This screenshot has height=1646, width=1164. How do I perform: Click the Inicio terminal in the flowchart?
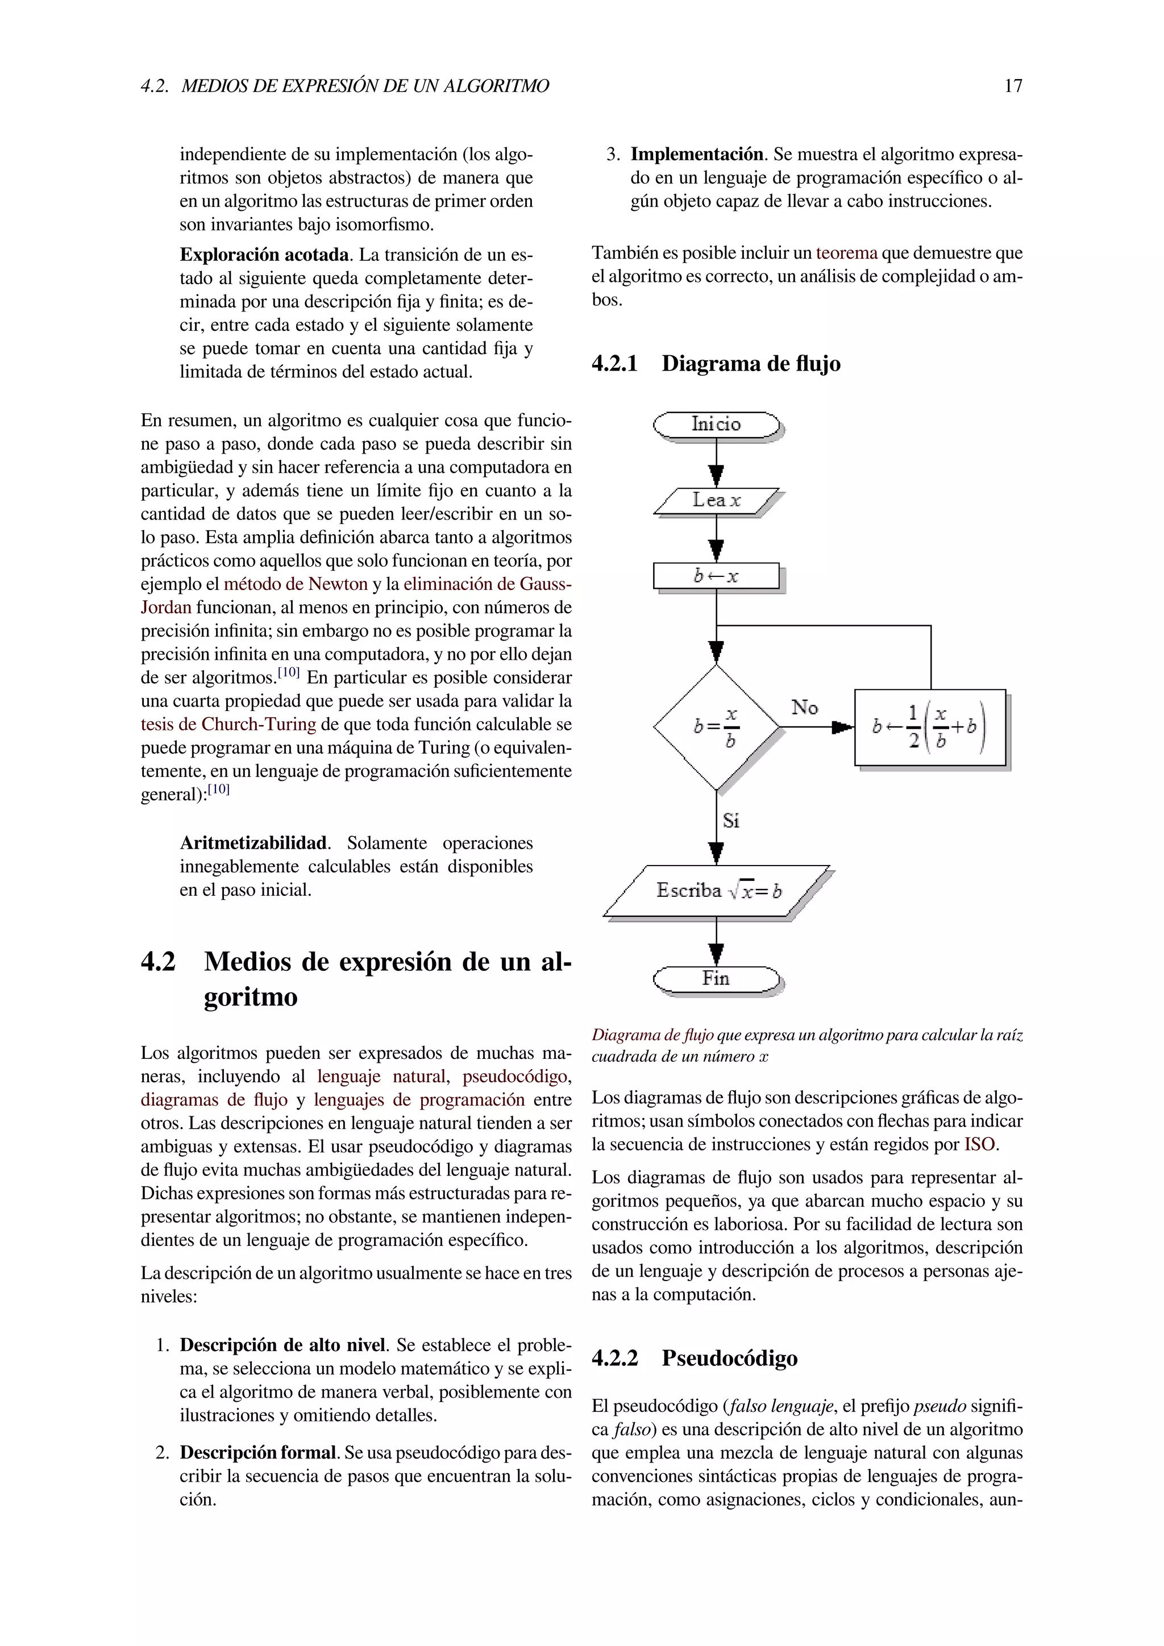[x=716, y=425]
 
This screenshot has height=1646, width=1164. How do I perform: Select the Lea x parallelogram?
[x=716, y=501]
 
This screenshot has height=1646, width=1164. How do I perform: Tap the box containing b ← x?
[x=716, y=576]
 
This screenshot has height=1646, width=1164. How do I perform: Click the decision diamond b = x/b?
[x=716, y=727]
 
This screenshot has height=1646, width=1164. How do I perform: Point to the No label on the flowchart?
[x=804, y=708]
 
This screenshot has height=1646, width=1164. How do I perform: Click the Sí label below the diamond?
[x=731, y=820]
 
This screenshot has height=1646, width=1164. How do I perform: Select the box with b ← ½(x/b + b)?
[x=930, y=727]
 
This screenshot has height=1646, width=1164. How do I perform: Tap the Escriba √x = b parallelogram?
[x=716, y=891]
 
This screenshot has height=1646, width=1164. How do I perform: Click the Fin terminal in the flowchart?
[x=716, y=979]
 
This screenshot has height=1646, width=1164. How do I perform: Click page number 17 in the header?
[x=1013, y=86]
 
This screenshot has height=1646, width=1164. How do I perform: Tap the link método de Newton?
[x=296, y=584]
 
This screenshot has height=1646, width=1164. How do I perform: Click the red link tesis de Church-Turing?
[x=228, y=724]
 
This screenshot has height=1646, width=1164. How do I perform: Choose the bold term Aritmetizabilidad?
[x=253, y=843]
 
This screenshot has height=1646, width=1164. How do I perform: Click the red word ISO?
[x=979, y=1144]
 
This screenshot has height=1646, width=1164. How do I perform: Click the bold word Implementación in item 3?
[x=696, y=155]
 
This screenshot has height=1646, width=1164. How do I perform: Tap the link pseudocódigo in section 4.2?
[x=516, y=1077]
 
